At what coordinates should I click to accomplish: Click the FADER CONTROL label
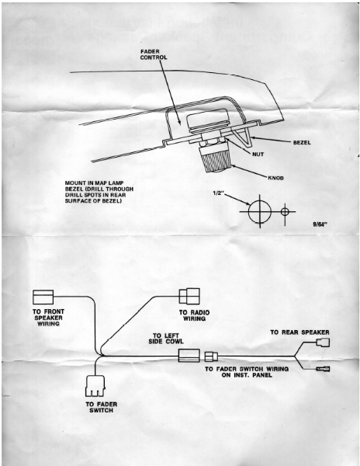pyautogui.click(x=154, y=54)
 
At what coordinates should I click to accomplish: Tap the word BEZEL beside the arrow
pyautogui.click(x=302, y=143)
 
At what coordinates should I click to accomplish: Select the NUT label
pyautogui.click(x=258, y=155)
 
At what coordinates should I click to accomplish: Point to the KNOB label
pyautogui.click(x=275, y=178)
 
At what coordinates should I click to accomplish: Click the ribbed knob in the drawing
pyautogui.click(x=213, y=158)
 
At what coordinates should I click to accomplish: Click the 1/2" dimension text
pyautogui.click(x=218, y=193)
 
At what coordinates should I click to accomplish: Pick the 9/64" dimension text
pyautogui.click(x=320, y=224)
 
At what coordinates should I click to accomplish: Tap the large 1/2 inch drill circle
pyautogui.click(x=248, y=211)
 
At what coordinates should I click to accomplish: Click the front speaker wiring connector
pyautogui.click(x=43, y=297)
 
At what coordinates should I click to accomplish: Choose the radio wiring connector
pyautogui.click(x=189, y=296)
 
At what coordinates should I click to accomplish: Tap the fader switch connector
pyautogui.click(x=95, y=386)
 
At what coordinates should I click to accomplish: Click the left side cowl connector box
pyautogui.click(x=189, y=356)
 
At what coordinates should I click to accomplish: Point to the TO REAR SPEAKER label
pyautogui.click(x=299, y=332)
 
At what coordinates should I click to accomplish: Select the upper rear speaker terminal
pyautogui.click(x=323, y=343)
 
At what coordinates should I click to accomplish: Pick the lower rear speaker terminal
pyautogui.click(x=323, y=370)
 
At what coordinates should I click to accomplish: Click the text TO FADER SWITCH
pyautogui.click(x=101, y=407)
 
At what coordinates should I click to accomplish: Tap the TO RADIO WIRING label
pyautogui.click(x=194, y=315)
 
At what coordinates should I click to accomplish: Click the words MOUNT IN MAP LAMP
pyautogui.click(x=94, y=183)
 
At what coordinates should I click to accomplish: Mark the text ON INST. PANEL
pyautogui.click(x=247, y=375)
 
